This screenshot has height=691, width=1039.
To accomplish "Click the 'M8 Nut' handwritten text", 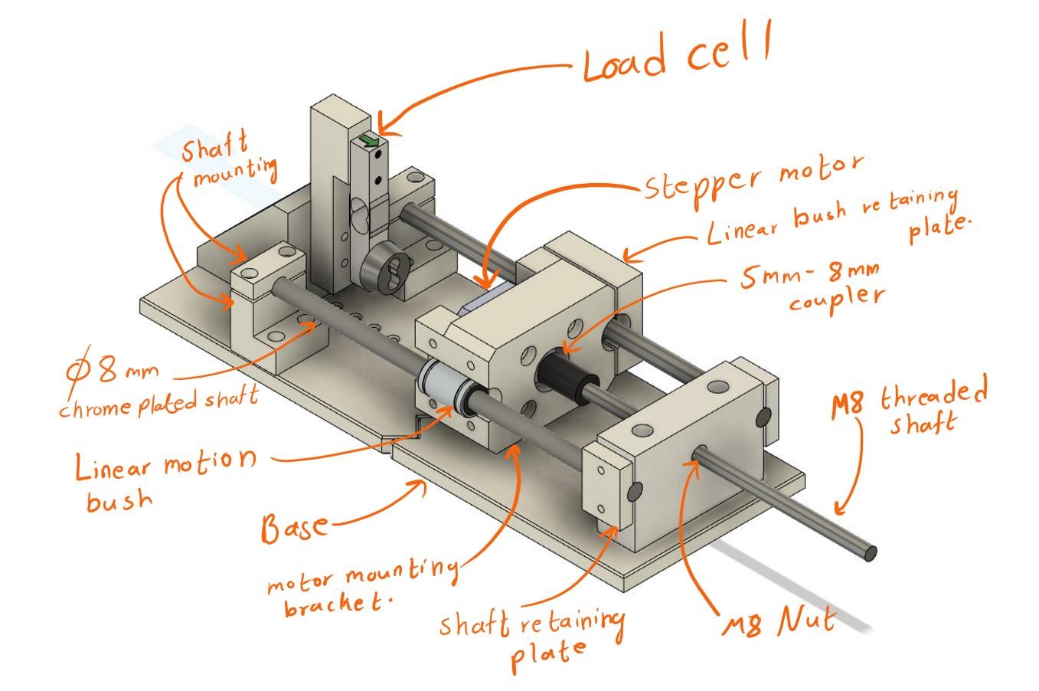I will coord(778,623).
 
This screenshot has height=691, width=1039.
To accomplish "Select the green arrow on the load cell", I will coord(371,140).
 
